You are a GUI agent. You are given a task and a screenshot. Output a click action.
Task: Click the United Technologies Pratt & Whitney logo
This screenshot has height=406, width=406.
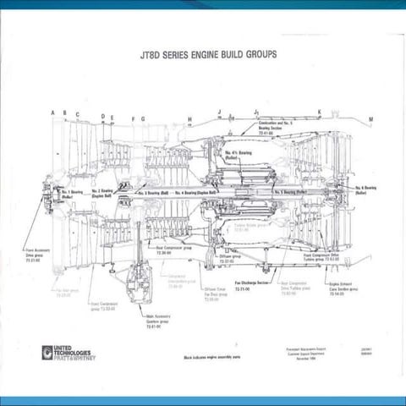(67, 351)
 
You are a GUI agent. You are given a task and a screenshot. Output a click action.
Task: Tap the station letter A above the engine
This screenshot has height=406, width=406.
(52, 112)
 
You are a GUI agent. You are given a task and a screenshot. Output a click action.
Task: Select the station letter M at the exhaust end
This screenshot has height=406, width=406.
(370, 119)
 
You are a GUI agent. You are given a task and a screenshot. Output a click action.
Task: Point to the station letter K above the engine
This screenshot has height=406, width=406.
(320, 112)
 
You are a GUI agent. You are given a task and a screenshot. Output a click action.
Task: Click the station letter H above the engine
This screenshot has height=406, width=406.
(189, 118)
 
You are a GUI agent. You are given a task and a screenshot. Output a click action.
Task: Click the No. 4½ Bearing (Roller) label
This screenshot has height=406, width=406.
(237, 155)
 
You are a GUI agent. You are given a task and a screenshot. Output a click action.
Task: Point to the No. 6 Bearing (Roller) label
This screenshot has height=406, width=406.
(365, 189)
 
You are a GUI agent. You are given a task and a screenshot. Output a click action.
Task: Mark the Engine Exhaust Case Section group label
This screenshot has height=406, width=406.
(337, 289)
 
